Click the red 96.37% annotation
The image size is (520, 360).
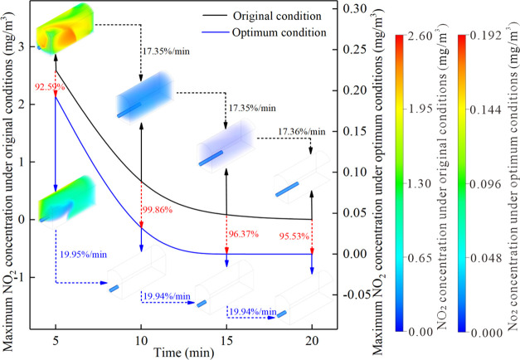(245, 222)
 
